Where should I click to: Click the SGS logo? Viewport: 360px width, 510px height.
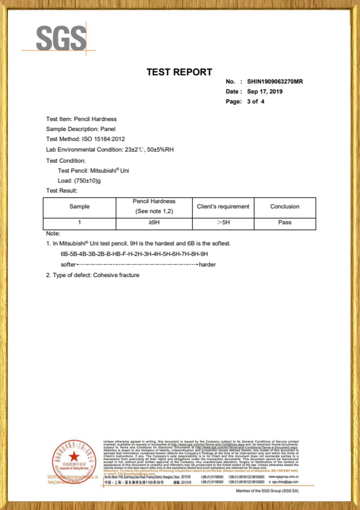point(61,38)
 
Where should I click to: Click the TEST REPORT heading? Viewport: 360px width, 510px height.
point(179,72)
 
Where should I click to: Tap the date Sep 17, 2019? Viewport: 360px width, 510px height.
point(265,92)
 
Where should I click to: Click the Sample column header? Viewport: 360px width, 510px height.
point(79,206)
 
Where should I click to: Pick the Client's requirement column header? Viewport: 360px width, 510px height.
point(223,206)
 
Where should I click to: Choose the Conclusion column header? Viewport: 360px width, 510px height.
point(285,206)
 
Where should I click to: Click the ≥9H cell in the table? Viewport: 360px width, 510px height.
point(154,222)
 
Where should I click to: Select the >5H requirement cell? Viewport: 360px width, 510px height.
point(223,222)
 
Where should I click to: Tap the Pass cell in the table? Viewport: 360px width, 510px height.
point(285,222)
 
